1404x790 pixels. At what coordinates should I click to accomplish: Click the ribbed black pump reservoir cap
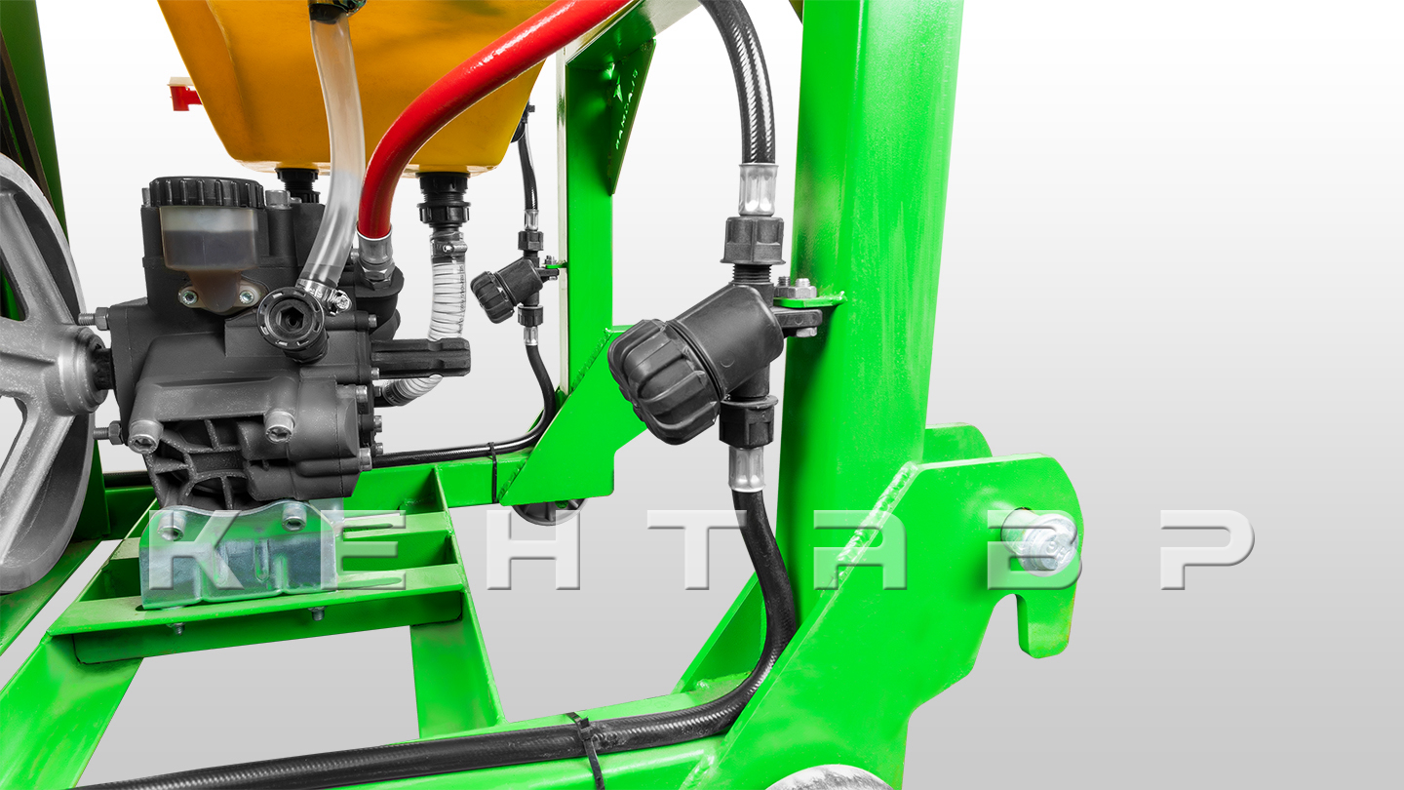point(207,192)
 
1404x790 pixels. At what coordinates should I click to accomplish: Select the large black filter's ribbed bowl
point(664,381)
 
